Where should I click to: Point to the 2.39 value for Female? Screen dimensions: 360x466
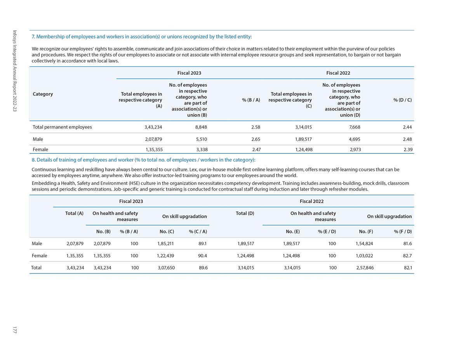(x=407, y=149)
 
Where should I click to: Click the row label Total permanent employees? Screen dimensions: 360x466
(x=62, y=127)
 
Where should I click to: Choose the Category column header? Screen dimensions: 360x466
(x=43, y=94)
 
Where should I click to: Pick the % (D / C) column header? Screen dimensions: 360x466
(x=402, y=100)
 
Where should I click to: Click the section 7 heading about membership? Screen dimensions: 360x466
(x=142, y=37)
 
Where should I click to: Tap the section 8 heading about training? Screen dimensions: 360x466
(x=143, y=160)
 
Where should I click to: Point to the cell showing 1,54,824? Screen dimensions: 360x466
(x=364, y=243)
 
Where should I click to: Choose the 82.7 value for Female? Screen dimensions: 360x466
(x=408, y=256)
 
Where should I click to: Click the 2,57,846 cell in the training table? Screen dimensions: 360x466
(x=365, y=268)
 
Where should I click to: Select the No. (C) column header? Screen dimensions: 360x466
(x=167, y=232)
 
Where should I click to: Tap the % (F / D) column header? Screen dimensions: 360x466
(x=403, y=232)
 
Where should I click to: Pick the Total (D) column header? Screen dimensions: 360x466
(x=245, y=213)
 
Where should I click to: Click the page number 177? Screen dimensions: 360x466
(x=14, y=330)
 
